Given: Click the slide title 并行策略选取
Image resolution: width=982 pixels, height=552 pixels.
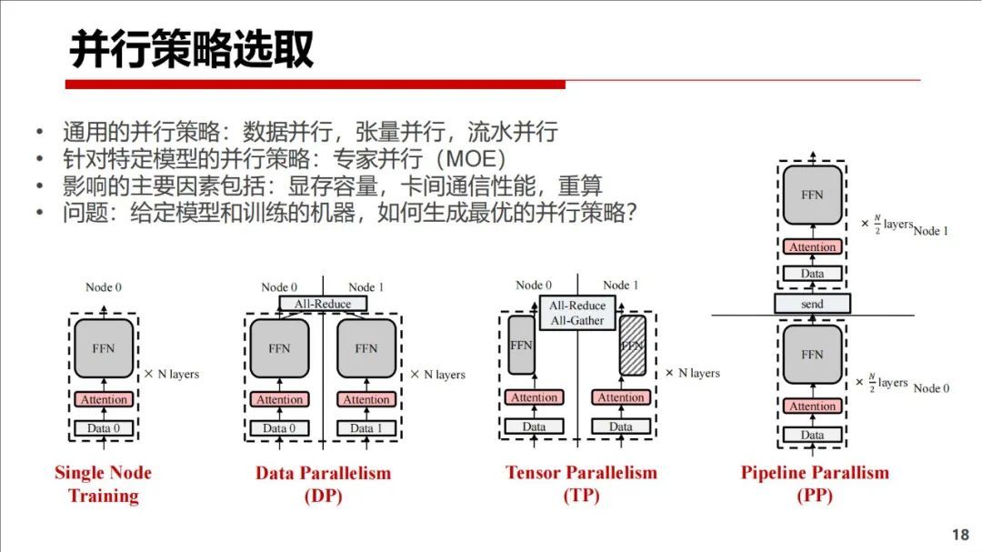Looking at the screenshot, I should click(x=192, y=50).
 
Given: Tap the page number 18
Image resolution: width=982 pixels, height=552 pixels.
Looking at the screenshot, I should click(x=960, y=534).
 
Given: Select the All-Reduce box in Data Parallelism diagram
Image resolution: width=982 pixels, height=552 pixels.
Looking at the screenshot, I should click(x=322, y=304).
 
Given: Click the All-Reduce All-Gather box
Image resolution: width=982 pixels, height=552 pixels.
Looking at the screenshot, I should click(x=577, y=313).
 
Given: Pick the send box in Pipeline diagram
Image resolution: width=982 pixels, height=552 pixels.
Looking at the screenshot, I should click(x=812, y=305).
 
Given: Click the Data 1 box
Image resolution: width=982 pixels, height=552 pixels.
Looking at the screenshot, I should click(x=366, y=428).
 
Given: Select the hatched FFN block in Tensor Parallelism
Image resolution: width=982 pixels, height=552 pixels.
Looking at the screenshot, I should click(x=632, y=346).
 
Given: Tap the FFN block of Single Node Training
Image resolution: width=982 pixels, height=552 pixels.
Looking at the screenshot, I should click(x=104, y=348).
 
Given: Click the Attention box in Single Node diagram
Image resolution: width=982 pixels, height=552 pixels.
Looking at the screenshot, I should click(x=104, y=399).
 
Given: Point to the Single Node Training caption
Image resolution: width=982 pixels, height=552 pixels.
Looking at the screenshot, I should click(x=103, y=484).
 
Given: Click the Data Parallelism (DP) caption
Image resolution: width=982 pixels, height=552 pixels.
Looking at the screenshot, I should click(x=323, y=484).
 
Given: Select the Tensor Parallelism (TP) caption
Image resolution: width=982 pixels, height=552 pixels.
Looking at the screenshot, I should click(x=581, y=484).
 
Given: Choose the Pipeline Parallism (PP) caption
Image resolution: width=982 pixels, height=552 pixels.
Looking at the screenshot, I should click(x=815, y=484).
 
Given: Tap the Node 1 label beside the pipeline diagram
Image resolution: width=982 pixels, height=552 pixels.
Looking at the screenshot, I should click(x=931, y=231).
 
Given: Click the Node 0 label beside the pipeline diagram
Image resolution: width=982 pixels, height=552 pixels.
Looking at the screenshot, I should click(x=931, y=388).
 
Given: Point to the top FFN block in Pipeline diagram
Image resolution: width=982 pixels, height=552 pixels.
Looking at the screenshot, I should click(x=812, y=195).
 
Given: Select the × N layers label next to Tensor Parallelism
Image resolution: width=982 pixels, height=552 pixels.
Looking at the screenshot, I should click(x=692, y=373).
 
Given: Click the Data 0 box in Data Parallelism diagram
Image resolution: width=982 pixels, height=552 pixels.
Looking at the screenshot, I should click(x=279, y=428).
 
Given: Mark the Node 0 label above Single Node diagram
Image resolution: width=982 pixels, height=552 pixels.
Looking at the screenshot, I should click(x=104, y=287).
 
